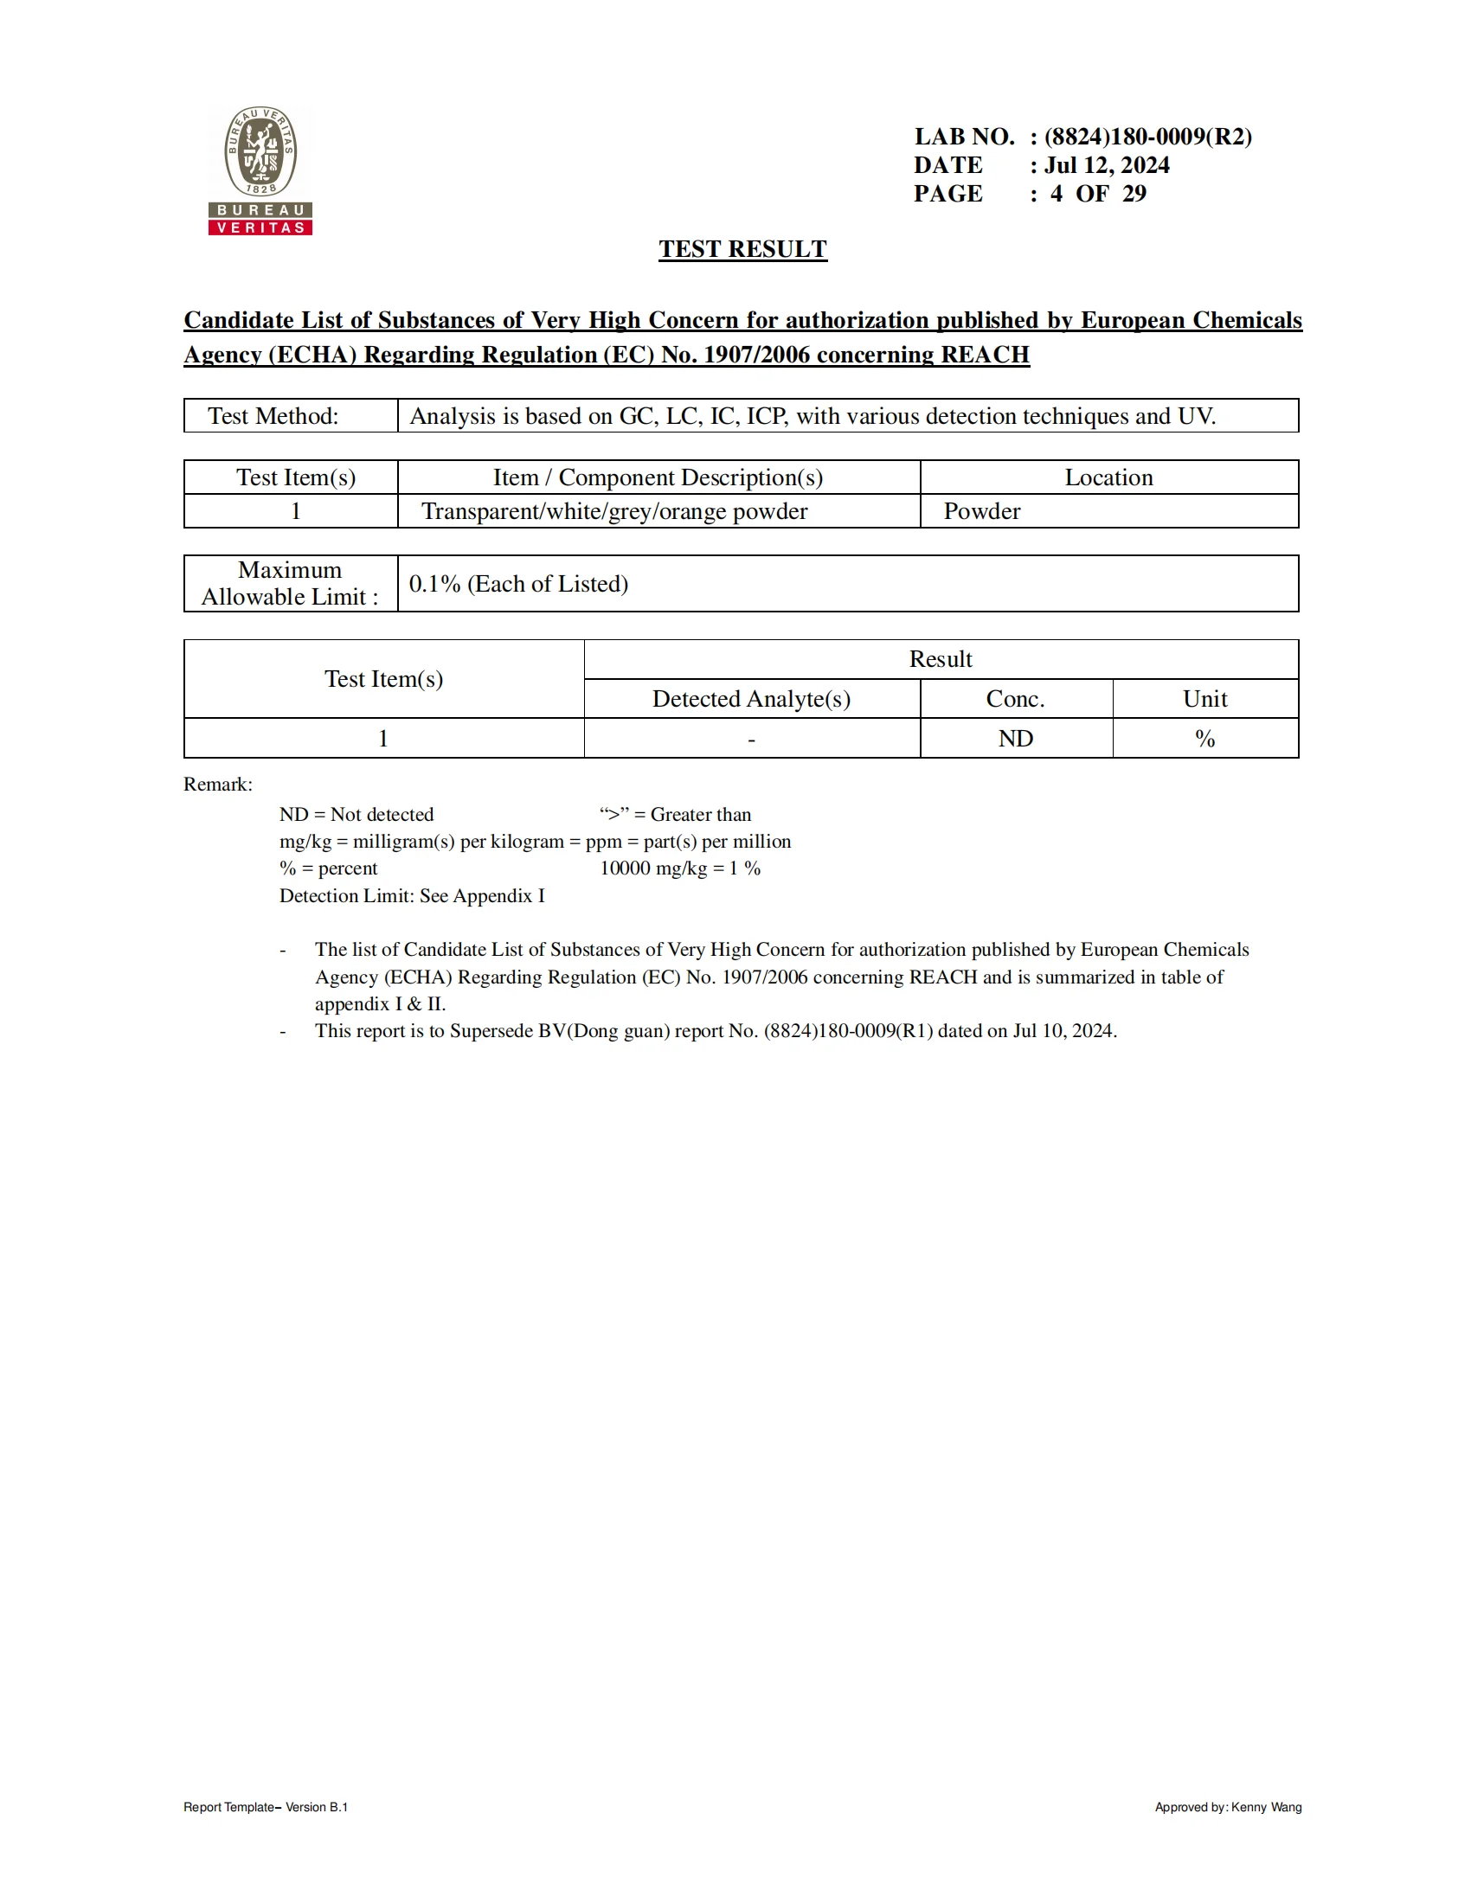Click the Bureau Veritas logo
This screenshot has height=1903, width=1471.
(x=260, y=170)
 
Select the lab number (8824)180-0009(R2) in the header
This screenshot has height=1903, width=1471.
(x=1147, y=137)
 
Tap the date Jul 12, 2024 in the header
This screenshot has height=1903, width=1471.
(x=1107, y=165)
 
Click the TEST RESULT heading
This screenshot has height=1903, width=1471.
(x=742, y=249)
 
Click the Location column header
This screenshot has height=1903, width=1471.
(x=1108, y=477)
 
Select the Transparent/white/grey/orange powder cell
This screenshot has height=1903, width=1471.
(x=614, y=511)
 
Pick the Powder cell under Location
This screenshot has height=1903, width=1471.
(x=982, y=511)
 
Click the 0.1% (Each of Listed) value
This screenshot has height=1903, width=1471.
(x=518, y=584)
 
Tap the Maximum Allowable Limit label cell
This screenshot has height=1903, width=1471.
(x=290, y=584)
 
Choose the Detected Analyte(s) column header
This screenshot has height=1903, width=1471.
(x=751, y=699)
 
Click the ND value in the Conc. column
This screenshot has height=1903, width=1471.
(x=1015, y=739)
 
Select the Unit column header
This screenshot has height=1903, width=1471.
(x=1204, y=699)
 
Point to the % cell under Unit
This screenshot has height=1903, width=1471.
(x=1204, y=739)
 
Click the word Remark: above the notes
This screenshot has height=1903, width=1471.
(x=218, y=785)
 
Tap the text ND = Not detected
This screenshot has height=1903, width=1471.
(x=357, y=815)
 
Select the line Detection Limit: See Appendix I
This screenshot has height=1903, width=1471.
(x=411, y=896)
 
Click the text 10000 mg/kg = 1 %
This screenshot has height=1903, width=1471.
(x=680, y=868)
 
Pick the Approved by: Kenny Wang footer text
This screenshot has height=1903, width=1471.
(x=1228, y=1807)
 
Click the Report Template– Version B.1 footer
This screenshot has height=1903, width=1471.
(x=266, y=1807)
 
